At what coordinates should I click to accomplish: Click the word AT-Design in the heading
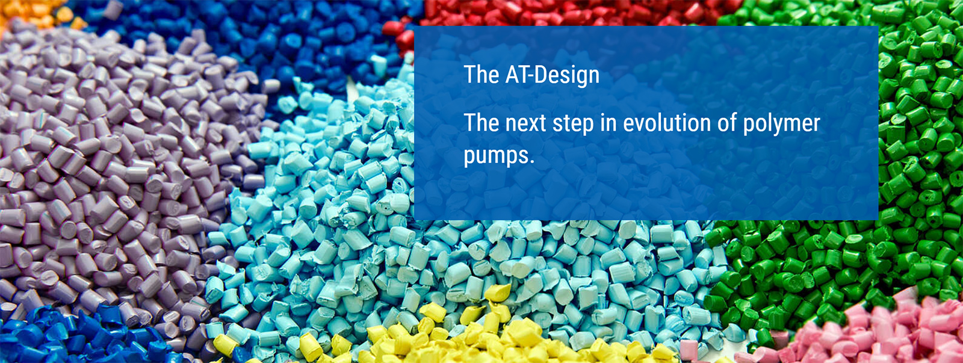pyautogui.click(x=553, y=75)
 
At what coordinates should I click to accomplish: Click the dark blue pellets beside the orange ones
pyautogui.click(x=258, y=39)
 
